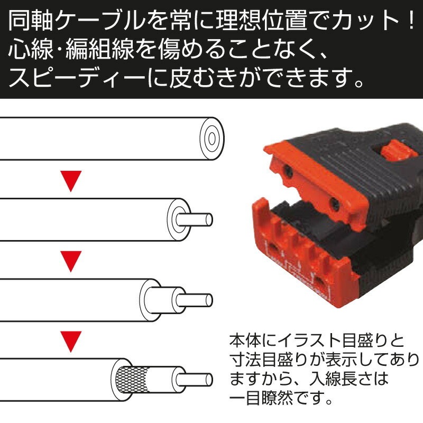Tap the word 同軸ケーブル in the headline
tap(77, 21)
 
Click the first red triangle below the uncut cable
tap(71, 181)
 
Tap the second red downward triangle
tap(71, 261)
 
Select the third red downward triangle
tap(71, 341)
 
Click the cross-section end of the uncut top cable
tap(212, 139)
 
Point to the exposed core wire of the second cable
tap(195, 219)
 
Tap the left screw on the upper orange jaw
tap(288, 169)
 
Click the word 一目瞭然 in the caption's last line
tap(261, 398)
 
